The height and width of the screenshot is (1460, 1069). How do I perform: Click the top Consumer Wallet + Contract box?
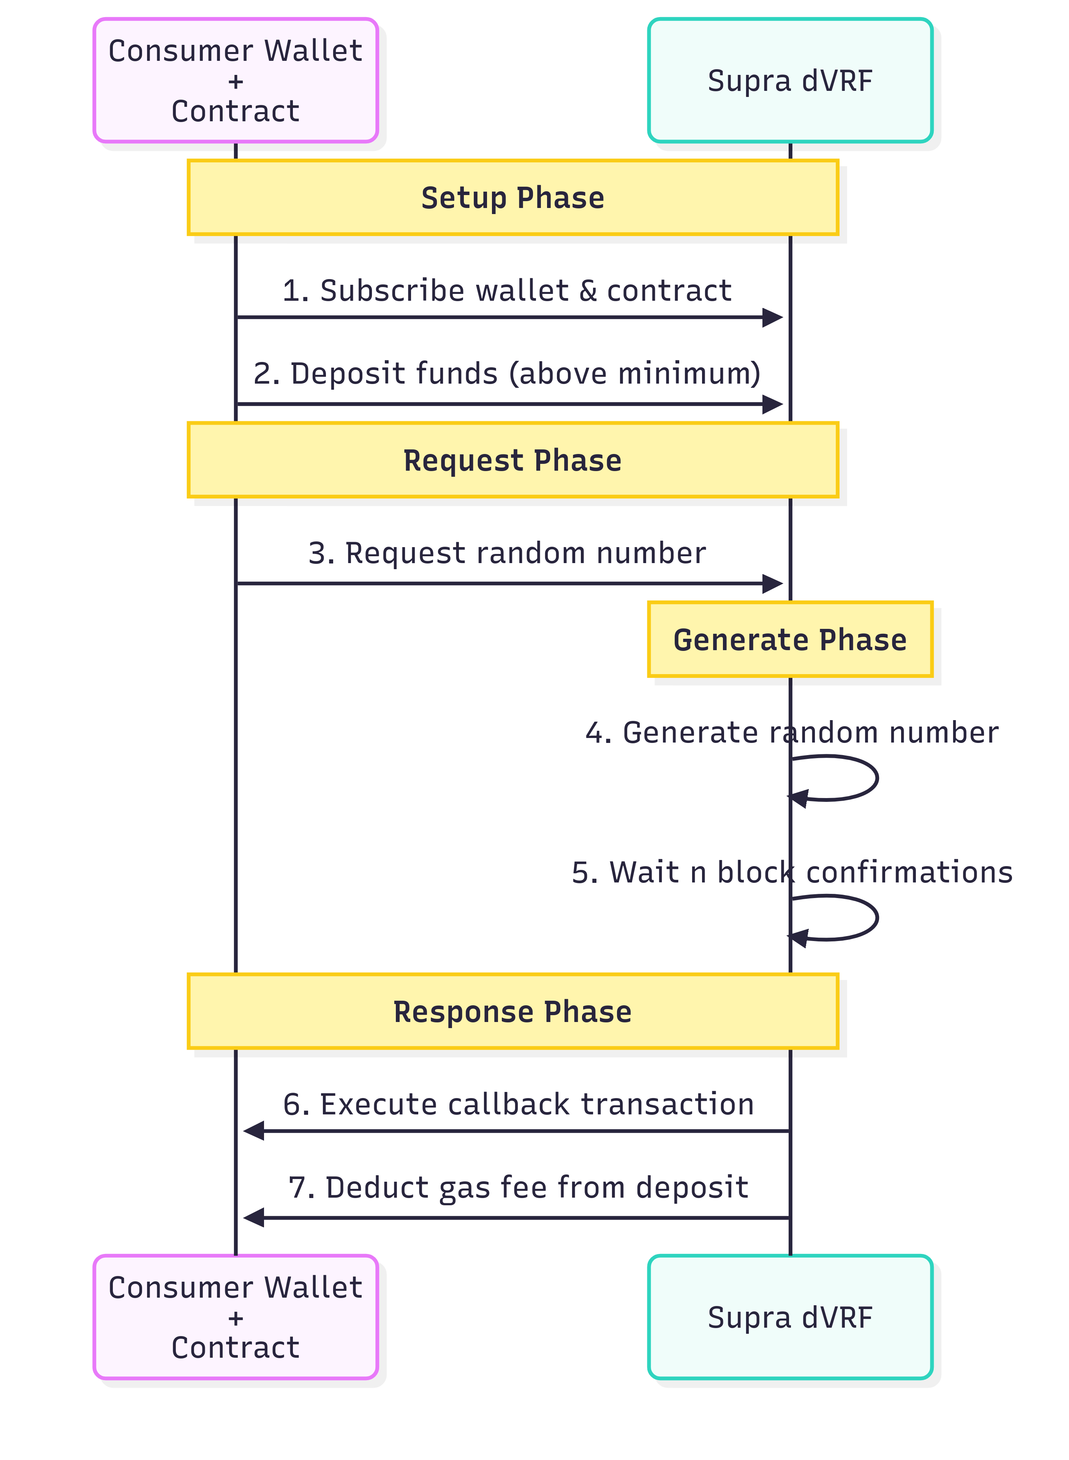236,80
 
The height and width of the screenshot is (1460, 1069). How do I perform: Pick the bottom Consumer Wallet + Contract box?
236,1317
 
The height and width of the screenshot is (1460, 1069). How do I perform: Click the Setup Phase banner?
512,197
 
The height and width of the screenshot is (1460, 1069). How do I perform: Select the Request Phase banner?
512,460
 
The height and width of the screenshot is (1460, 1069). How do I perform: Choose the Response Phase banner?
512,1011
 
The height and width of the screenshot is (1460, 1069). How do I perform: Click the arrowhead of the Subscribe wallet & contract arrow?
773,317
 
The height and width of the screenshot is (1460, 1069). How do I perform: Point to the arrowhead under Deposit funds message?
773,405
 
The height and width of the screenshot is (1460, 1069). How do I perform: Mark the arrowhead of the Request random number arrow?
773,583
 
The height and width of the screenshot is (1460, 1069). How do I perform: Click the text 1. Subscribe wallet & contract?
507,291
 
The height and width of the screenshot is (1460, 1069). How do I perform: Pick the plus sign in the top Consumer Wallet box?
236,82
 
